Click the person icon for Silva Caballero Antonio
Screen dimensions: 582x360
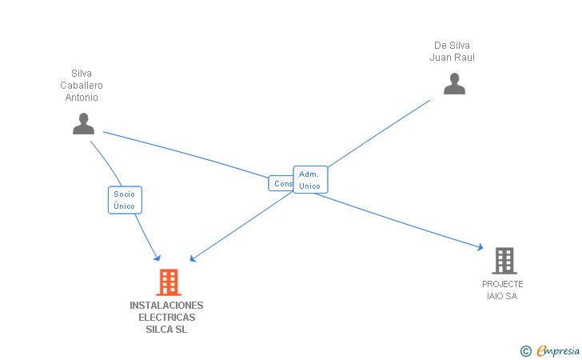83,124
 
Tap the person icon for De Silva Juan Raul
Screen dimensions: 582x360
454,84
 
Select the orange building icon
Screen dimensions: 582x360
168,282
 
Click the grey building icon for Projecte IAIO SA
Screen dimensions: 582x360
504,260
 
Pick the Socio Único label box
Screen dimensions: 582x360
125,200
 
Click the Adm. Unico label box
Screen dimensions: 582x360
310,180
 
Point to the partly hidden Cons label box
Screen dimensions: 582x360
281,183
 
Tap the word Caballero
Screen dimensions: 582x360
82,86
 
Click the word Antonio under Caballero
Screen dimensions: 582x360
82,98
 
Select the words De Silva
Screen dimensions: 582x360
452,46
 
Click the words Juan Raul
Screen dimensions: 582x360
452,58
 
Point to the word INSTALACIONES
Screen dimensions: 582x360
166,306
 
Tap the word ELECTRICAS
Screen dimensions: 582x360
166,318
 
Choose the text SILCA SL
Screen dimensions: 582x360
166,330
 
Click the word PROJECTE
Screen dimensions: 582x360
503,285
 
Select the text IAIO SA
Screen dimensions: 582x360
503,297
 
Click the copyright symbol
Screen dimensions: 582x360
525,350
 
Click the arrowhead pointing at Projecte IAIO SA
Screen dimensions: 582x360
480,248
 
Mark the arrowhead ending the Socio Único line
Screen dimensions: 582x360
157,258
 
